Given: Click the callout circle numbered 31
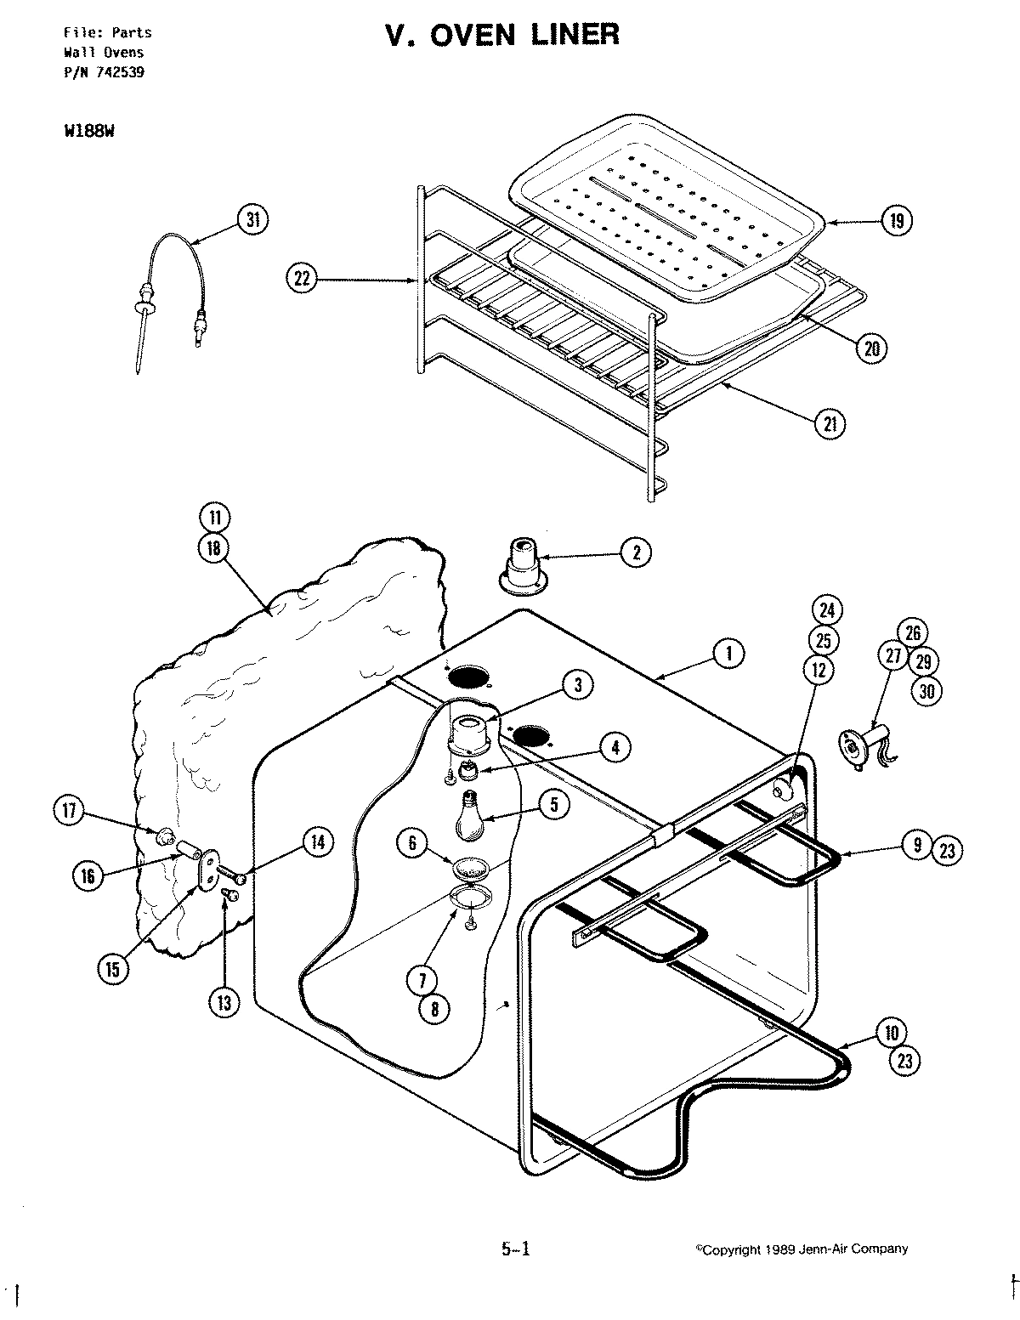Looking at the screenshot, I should [252, 219].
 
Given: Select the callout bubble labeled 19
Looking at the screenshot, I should [896, 222].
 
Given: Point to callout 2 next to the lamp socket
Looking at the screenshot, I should [635, 553].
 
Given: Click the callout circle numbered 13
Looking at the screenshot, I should [224, 1003].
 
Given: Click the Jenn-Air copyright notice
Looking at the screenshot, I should [802, 1249].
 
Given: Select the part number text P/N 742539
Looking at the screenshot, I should [104, 72].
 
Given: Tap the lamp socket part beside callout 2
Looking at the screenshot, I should [522, 565].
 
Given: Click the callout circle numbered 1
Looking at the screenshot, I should [728, 653].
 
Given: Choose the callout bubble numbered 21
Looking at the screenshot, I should [829, 423].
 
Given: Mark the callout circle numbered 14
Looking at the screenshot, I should [317, 842].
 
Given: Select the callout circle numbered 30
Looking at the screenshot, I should [926, 691].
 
